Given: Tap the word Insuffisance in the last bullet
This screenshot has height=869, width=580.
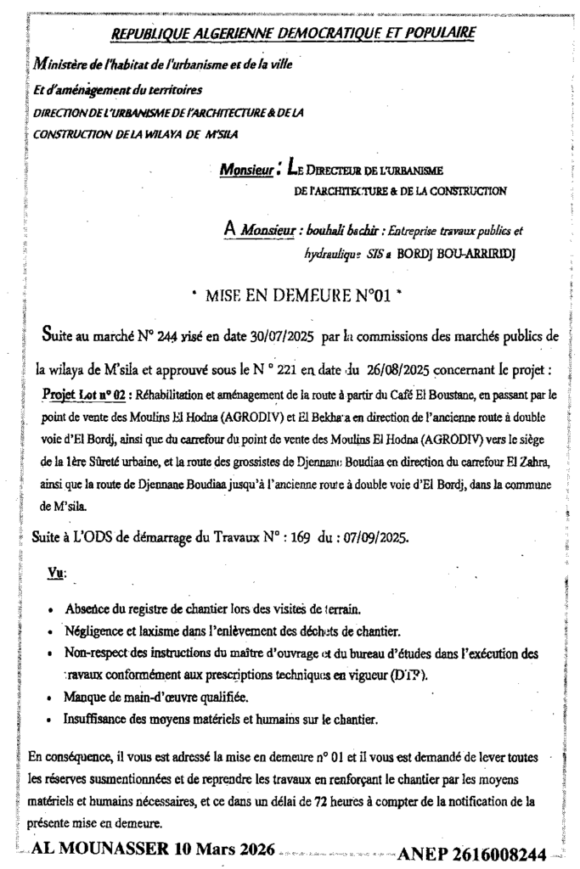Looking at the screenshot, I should pos(100,719).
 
